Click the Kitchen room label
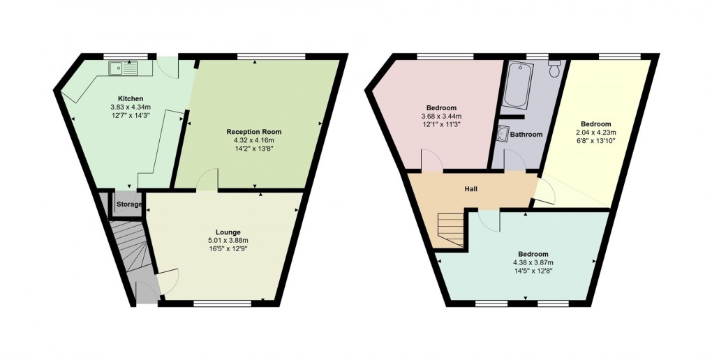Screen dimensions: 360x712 pos(131,98)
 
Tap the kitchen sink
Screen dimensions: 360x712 pos(124,68)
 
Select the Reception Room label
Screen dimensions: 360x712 pos(253,131)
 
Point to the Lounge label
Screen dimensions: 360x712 pos(228,232)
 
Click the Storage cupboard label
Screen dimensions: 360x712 pos(129,204)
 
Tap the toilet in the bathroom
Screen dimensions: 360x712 pos(555,69)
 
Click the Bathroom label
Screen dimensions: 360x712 pos(526,135)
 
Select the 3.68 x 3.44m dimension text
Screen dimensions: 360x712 pos(439,117)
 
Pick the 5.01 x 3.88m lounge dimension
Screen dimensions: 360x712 pos(228,241)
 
